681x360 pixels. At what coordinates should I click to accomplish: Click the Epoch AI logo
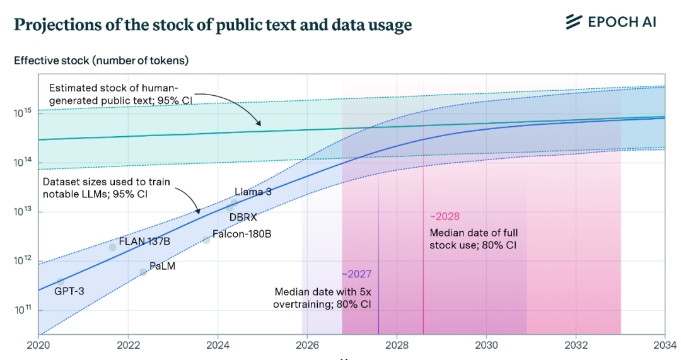[x=610, y=22]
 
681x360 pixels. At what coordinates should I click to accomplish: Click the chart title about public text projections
[x=212, y=25]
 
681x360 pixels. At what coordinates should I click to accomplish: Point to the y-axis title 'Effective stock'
[x=101, y=61]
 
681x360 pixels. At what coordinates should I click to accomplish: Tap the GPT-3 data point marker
[x=61, y=282]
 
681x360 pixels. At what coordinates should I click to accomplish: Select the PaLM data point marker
[x=143, y=272]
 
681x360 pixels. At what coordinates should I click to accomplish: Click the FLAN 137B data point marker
[x=113, y=247]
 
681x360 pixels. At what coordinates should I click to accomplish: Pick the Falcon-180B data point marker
[x=206, y=240]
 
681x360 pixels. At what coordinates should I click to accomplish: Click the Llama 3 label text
[x=253, y=192]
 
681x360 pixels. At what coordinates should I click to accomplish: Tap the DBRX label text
[x=243, y=218]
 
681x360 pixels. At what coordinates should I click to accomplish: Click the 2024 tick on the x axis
[x=218, y=345]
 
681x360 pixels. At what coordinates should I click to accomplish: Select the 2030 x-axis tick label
[x=486, y=345]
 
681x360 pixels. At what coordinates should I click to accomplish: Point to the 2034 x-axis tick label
[x=665, y=345]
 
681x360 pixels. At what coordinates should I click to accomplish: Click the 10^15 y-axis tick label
[x=24, y=113]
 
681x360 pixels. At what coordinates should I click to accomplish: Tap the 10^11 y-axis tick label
[x=24, y=310]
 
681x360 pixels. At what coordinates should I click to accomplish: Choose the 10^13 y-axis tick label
[x=24, y=211]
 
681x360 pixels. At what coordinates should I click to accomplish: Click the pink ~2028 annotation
[x=445, y=216]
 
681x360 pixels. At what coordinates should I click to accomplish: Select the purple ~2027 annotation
[x=356, y=274]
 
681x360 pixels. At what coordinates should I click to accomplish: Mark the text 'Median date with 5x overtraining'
[x=322, y=298]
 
